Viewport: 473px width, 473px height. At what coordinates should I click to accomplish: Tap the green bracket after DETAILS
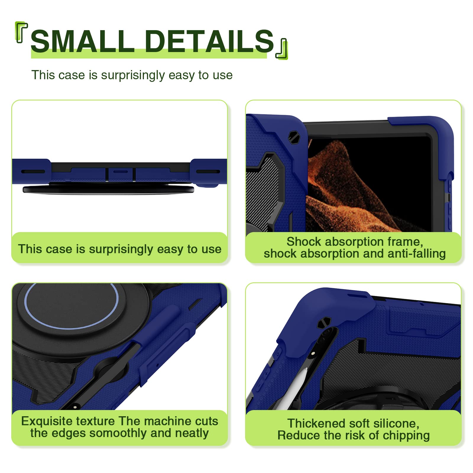282,49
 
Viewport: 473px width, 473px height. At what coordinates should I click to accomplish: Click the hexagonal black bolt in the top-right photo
294,137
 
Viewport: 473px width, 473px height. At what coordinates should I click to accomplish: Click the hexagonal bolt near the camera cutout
324,323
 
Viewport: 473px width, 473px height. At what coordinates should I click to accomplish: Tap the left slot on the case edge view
33,171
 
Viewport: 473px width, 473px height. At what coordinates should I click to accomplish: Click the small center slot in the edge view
121,171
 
